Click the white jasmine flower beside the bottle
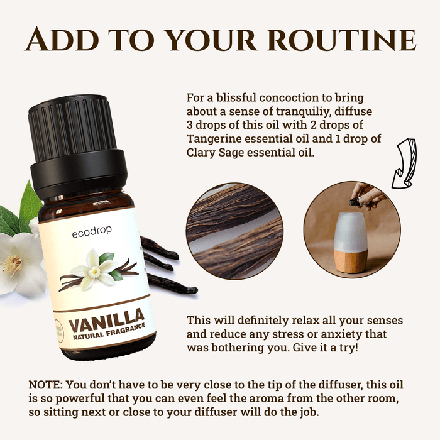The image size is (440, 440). [x=19, y=258]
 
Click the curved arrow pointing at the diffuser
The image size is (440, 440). [x=403, y=165]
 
